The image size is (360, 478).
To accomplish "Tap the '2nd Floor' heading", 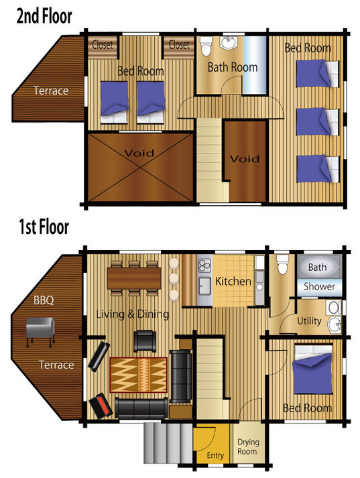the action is click(x=44, y=17).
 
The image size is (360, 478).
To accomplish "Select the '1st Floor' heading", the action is click(x=44, y=227).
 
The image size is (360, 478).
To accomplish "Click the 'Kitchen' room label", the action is click(x=233, y=281).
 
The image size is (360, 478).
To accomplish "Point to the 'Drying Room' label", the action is click(x=248, y=446).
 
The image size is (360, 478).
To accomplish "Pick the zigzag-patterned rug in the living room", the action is click(x=138, y=375).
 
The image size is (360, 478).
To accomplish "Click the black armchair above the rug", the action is click(x=145, y=341).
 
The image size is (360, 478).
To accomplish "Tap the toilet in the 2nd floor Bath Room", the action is click(x=206, y=46).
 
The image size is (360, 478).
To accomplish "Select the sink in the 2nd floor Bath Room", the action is click(x=229, y=43).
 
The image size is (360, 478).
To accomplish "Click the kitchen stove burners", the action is click(x=204, y=265).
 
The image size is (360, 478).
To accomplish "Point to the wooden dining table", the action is click(x=134, y=278).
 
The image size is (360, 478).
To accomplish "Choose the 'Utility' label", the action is click(x=309, y=321).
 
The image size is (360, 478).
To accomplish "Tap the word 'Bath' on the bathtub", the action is click(x=317, y=267).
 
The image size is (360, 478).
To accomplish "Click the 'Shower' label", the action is click(x=319, y=286).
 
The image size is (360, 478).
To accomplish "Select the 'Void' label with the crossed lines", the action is click(x=139, y=153).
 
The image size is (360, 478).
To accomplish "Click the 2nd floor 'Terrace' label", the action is click(x=51, y=91).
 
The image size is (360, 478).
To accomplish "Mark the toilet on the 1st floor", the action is click(x=282, y=263).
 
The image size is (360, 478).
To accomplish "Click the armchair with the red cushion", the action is click(x=101, y=406).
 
